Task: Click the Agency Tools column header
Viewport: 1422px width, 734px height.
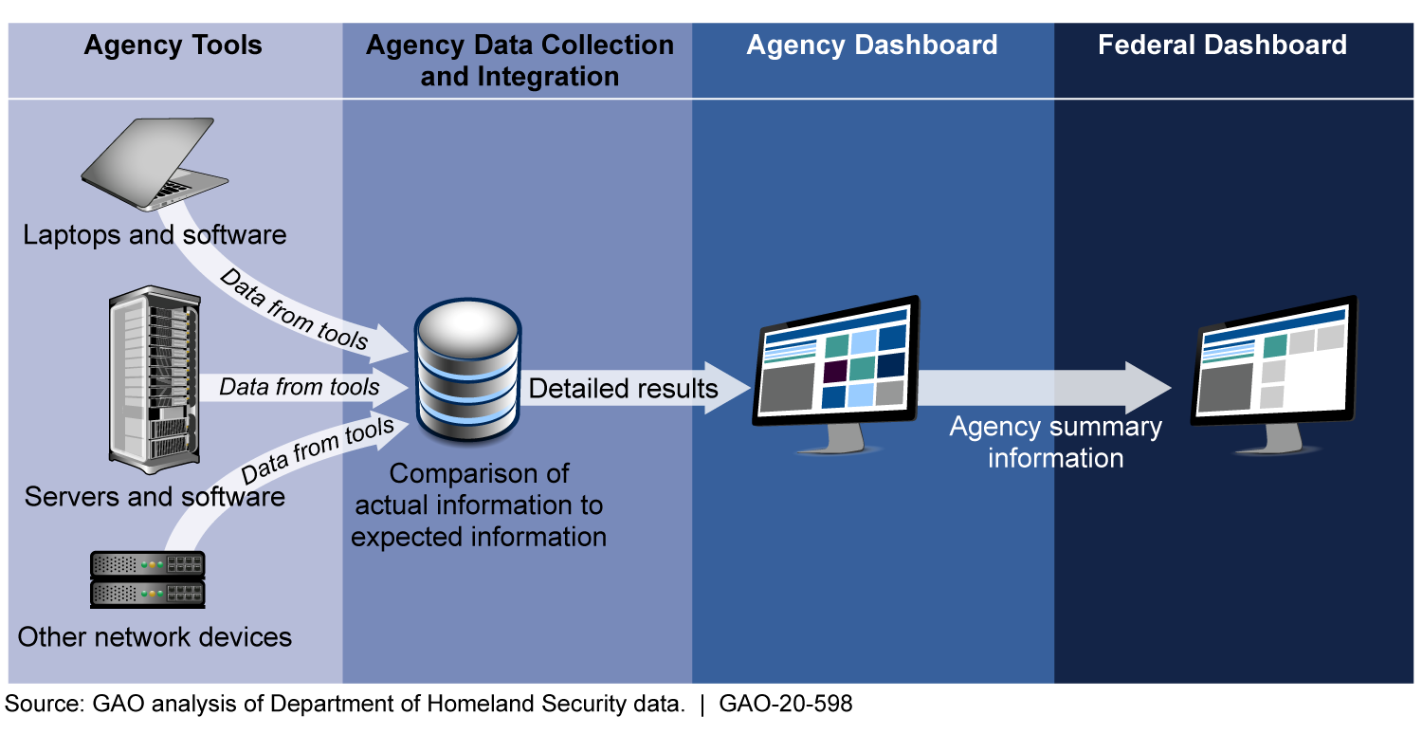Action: point(173,46)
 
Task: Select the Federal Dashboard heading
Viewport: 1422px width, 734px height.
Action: point(1222,46)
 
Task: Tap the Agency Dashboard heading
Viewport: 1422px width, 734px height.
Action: point(871,46)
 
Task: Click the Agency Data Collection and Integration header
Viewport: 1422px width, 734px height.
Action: point(520,61)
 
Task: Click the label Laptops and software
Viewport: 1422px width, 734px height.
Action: point(155,234)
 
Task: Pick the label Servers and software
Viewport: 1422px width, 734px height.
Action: point(155,496)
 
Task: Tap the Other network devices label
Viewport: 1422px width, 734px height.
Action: point(155,636)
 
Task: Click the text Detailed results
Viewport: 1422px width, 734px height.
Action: point(624,388)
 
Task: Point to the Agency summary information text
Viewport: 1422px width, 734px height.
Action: point(1055,442)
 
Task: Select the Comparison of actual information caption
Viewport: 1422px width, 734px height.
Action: point(479,505)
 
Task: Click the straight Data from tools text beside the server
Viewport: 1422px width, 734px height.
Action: point(300,387)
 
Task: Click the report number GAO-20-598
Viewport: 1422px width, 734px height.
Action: point(786,705)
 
